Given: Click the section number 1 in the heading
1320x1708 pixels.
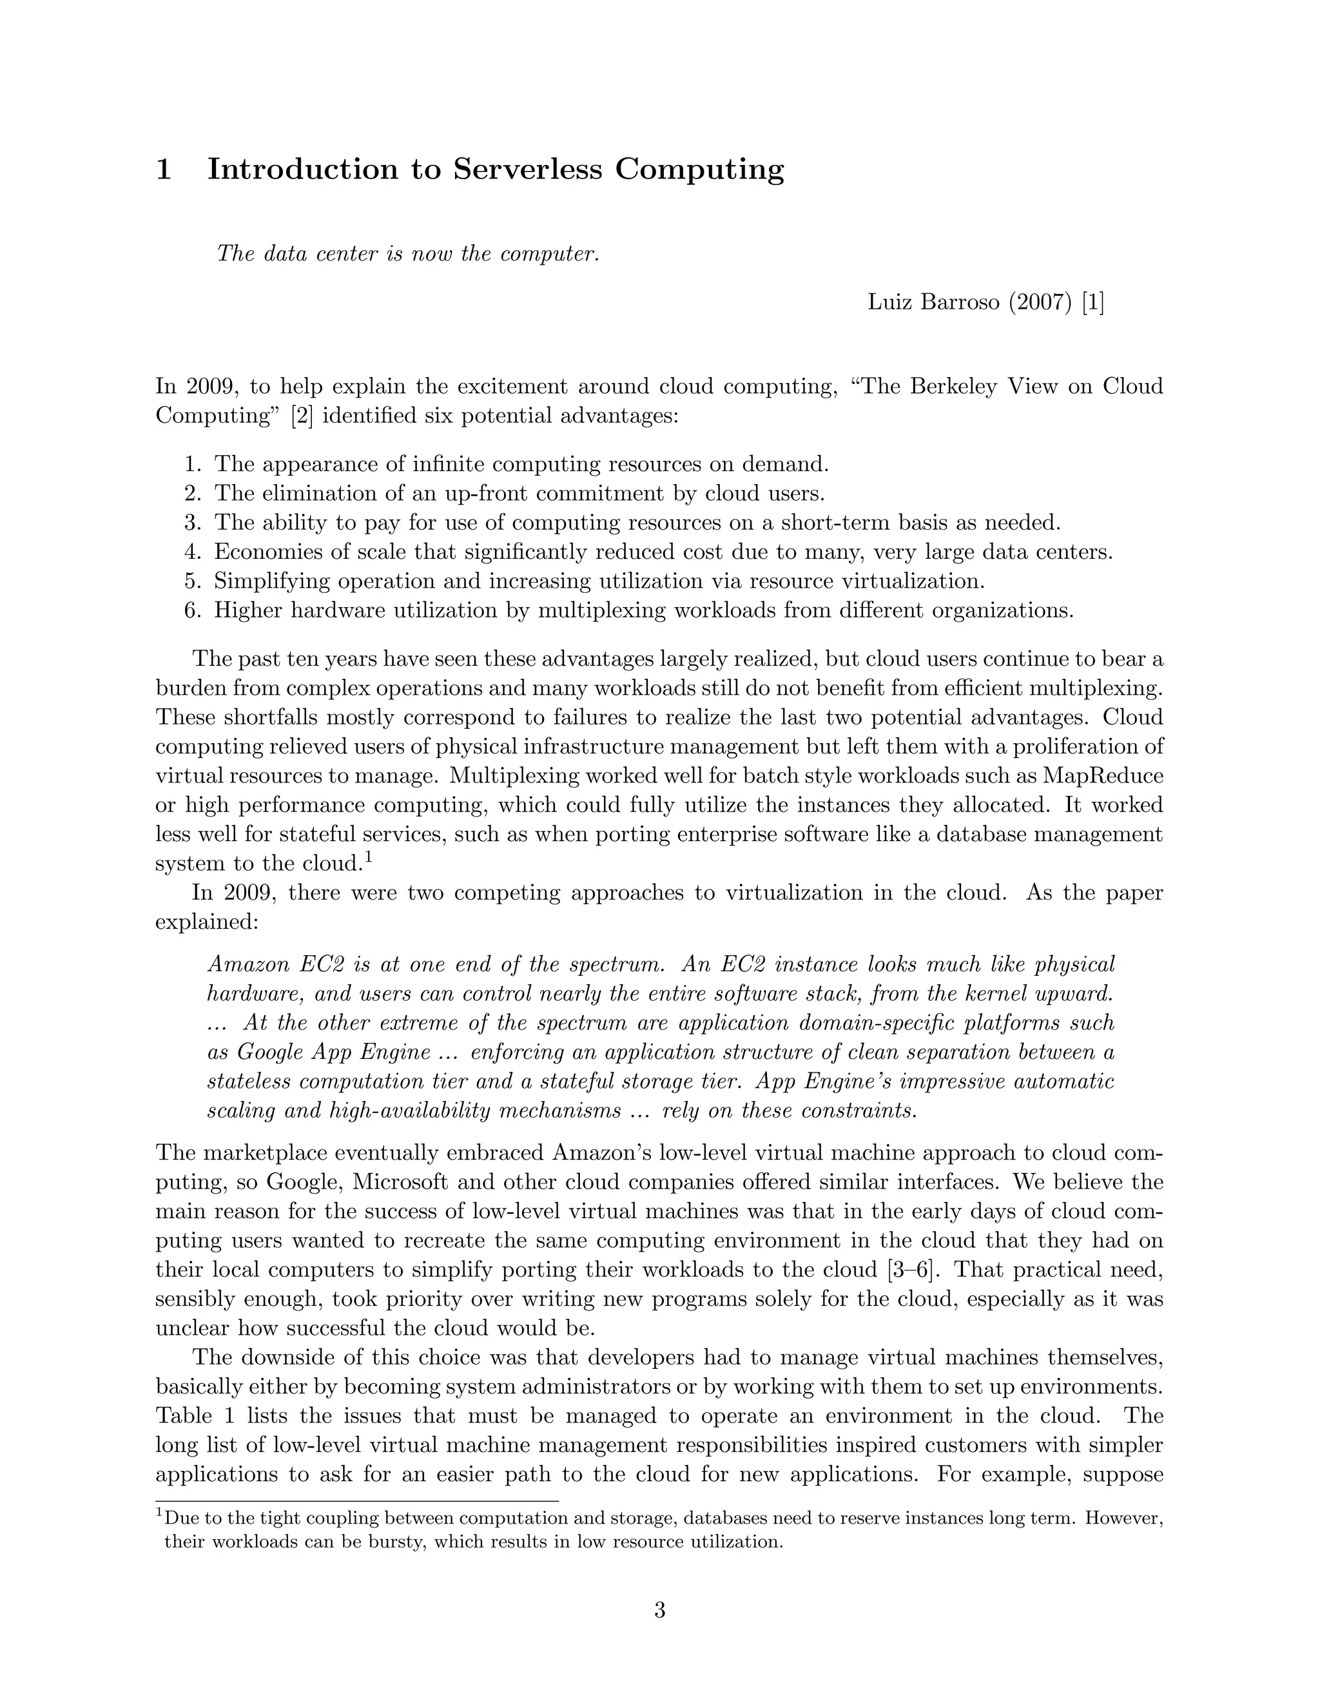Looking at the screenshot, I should [x=164, y=170].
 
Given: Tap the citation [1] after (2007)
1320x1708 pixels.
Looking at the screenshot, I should [x=1092, y=302].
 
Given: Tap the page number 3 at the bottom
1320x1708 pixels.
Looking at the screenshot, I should [x=659, y=1612].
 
